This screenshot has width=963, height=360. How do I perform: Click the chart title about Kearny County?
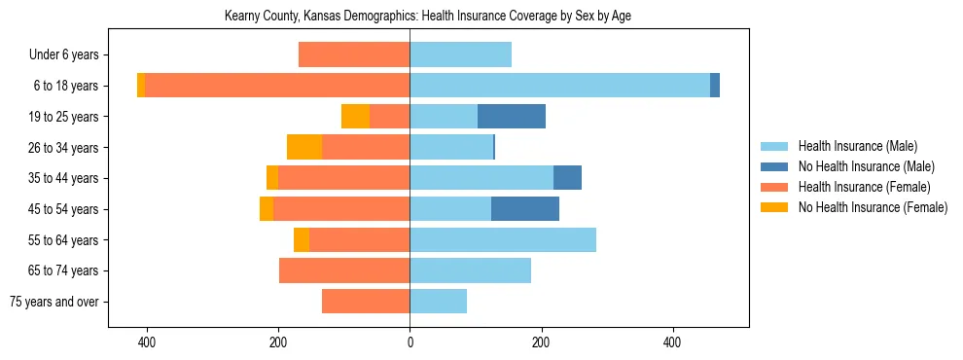point(428,17)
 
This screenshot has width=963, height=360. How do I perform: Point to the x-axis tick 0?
point(410,343)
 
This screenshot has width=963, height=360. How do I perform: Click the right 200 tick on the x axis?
point(541,343)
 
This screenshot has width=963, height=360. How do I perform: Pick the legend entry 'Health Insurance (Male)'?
point(857,146)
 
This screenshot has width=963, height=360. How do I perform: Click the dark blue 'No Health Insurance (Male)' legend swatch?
point(775,166)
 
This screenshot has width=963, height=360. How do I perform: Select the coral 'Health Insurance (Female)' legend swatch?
point(775,187)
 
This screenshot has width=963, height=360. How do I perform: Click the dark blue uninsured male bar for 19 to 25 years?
point(512,117)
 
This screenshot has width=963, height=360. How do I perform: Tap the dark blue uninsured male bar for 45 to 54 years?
point(525,209)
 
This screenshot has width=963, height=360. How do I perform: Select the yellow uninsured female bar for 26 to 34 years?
point(304,147)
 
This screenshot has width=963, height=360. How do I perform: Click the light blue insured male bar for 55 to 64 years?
point(503,240)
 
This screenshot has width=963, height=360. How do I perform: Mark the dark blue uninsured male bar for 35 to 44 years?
point(567,178)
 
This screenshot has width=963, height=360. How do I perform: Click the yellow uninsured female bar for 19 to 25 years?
point(356,117)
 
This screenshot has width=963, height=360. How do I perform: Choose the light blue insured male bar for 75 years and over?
point(438,302)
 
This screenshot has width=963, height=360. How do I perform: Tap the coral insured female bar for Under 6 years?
point(354,55)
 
